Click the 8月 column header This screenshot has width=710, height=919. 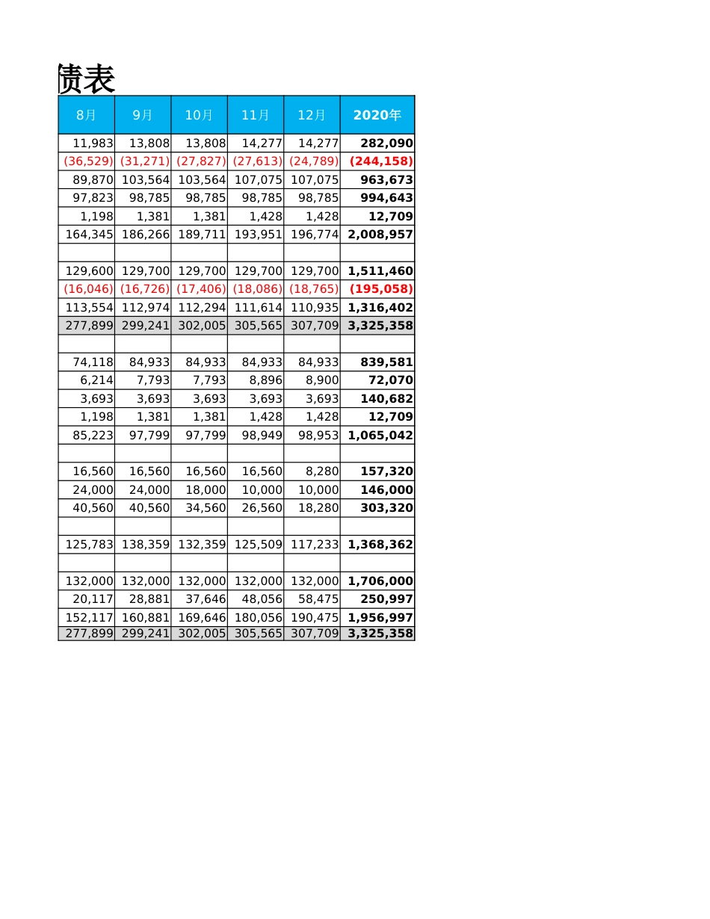point(86,115)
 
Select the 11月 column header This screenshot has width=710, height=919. point(255,115)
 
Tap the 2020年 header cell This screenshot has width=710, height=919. point(377,115)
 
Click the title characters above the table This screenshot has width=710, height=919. point(86,79)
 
